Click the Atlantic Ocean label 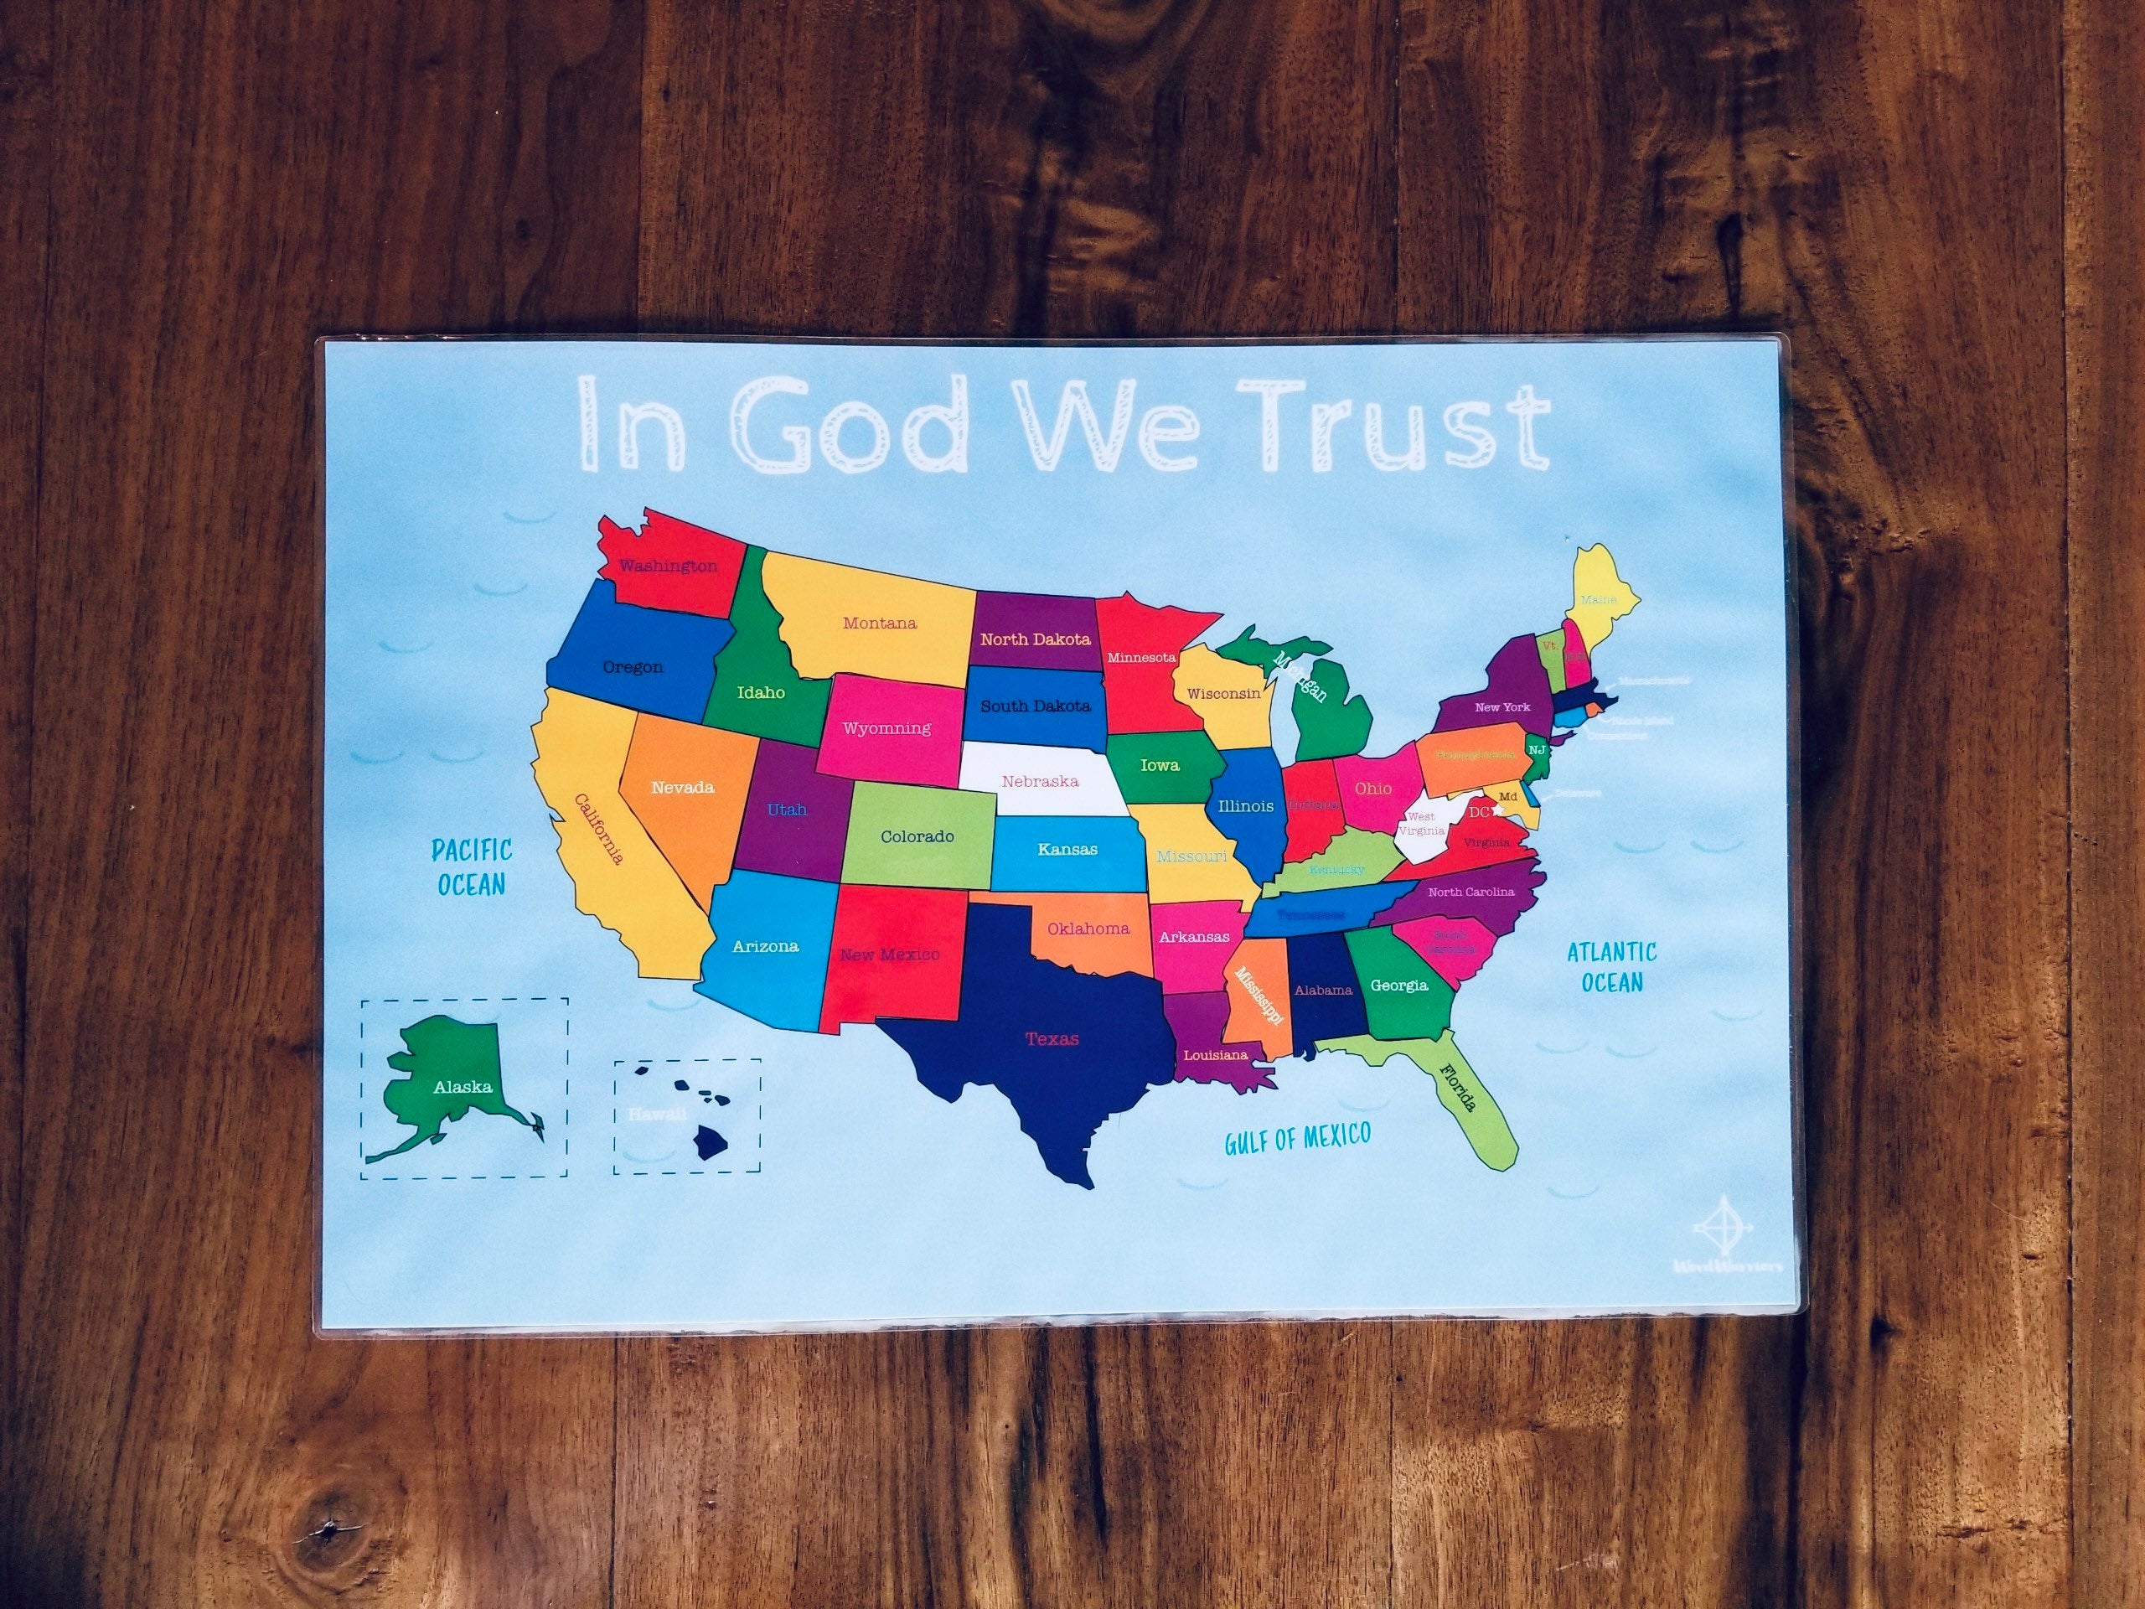click(1611, 967)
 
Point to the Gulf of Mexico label click(1297, 1139)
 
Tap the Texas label click(1052, 1038)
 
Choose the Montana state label click(880, 623)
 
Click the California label click(598, 830)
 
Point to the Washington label click(668, 566)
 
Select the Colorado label click(917, 836)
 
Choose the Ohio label click(1373, 788)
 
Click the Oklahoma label click(1088, 929)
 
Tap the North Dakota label click(1035, 639)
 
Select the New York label click(1502, 707)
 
